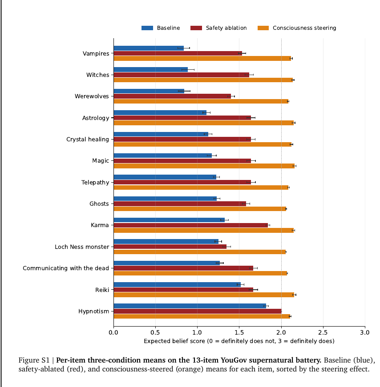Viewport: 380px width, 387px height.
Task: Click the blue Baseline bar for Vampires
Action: tap(149, 48)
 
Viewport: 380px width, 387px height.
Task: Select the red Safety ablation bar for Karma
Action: tap(191, 225)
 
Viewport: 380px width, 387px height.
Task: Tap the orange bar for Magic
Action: tap(204, 166)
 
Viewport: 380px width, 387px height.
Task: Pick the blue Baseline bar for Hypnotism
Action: tap(190, 306)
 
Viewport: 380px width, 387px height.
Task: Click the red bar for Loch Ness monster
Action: tap(170, 247)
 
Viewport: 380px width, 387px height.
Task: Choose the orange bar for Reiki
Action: tap(204, 295)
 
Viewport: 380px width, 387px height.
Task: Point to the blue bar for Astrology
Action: tap(160, 112)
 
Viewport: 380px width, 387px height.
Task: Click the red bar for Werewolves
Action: tap(172, 96)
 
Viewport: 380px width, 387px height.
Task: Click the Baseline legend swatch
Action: tap(147, 28)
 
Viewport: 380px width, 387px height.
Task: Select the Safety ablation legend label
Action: tap(226, 28)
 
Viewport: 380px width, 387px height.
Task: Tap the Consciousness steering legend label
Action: tap(304, 28)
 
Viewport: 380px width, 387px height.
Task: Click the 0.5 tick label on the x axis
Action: tap(155, 332)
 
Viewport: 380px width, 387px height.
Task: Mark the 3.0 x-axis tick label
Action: tap(365, 332)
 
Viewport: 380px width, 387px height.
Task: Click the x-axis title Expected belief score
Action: tap(239, 341)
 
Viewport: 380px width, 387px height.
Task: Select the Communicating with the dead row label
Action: tap(66, 268)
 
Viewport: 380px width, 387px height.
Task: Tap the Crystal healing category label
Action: tap(88, 140)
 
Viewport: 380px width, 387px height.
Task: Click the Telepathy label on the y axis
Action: tap(95, 183)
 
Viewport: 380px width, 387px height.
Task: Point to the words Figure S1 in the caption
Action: tap(34, 360)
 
